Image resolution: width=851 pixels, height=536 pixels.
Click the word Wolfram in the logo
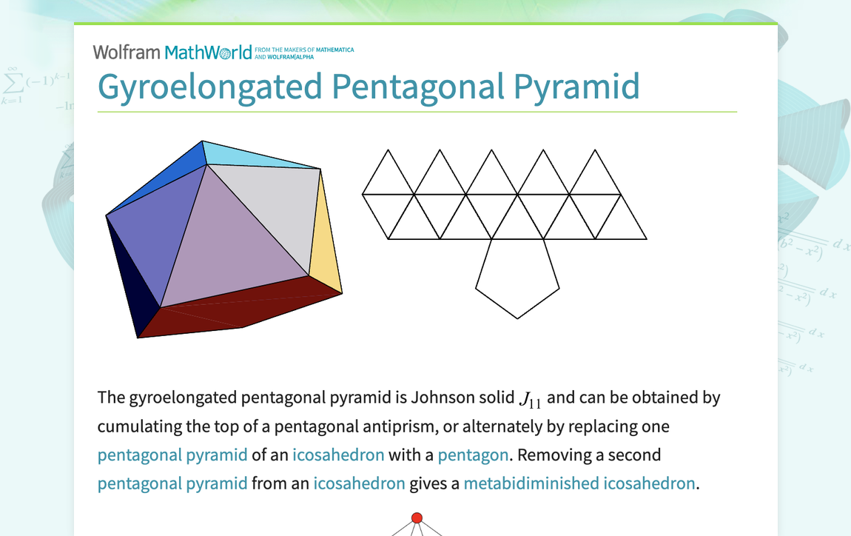[x=126, y=52]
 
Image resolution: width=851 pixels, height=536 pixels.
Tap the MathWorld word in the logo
[x=208, y=52]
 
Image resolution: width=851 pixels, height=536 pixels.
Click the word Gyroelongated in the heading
[x=210, y=86]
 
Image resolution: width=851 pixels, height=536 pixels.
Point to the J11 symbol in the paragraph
[x=530, y=400]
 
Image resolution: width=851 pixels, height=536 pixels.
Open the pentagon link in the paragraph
[x=473, y=455]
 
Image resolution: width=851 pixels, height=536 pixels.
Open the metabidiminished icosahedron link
[x=579, y=483]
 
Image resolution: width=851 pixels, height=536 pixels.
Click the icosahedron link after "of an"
[x=338, y=455]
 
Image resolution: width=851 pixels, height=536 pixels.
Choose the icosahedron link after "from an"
[x=359, y=483]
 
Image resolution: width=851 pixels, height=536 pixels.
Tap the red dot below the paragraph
[x=417, y=517]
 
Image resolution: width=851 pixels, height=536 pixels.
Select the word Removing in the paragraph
[x=546, y=455]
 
